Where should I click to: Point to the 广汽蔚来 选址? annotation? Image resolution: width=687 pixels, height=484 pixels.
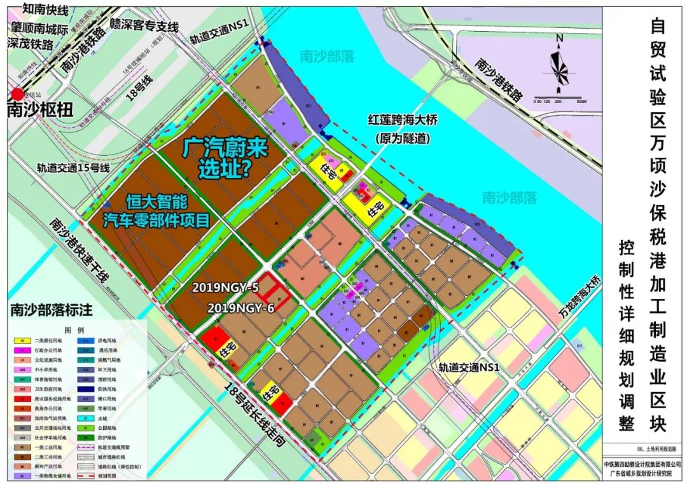(x=225, y=158)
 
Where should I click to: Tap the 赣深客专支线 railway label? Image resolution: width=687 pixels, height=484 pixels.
(x=143, y=26)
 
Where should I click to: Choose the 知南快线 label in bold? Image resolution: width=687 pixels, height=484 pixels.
(x=45, y=9)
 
